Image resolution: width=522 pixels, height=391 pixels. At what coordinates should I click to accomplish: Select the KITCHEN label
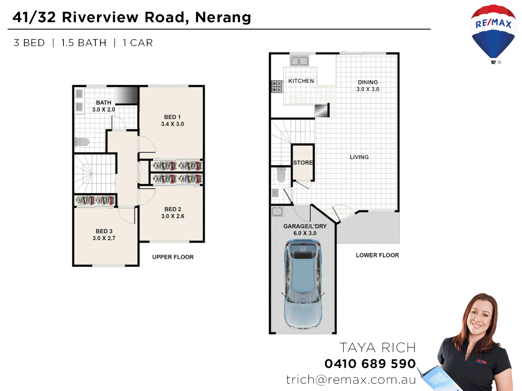point(301,81)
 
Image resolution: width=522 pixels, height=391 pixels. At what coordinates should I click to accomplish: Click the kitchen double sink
point(299,61)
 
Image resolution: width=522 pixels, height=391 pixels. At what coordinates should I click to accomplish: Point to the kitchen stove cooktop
point(277,87)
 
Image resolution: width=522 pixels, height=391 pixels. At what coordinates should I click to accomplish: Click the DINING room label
point(368,82)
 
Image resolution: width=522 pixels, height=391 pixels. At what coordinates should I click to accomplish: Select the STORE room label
point(303,163)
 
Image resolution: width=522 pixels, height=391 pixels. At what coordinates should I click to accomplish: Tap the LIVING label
point(359,157)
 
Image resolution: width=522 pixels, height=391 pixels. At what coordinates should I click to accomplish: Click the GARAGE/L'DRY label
point(305,226)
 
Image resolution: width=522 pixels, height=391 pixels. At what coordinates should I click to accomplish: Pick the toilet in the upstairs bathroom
point(82,142)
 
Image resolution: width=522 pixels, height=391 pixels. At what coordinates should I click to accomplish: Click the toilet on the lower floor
point(281,174)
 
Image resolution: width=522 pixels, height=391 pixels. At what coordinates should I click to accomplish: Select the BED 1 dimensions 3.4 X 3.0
point(173,124)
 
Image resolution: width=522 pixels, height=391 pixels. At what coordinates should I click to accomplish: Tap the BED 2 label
point(173,209)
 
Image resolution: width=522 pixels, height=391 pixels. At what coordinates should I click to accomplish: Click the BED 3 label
point(104,231)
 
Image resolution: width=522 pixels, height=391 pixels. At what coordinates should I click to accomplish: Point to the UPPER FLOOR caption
point(173,257)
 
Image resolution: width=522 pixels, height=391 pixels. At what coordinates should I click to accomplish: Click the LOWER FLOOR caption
point(377,255)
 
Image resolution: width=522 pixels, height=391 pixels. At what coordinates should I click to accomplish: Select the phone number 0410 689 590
point(370,363)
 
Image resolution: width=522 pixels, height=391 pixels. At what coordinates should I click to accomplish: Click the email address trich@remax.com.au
point(351,379)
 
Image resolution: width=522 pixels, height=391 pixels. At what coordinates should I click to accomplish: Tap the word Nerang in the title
point(223,17)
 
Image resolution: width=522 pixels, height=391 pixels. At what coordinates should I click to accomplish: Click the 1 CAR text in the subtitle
point(138,43)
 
